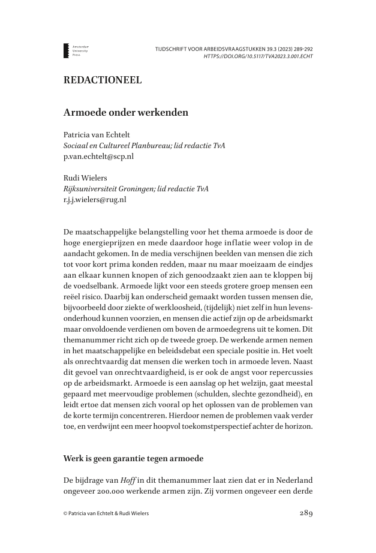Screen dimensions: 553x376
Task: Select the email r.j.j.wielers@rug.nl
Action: (95, 199)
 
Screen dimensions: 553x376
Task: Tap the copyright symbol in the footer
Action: (65, 513)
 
